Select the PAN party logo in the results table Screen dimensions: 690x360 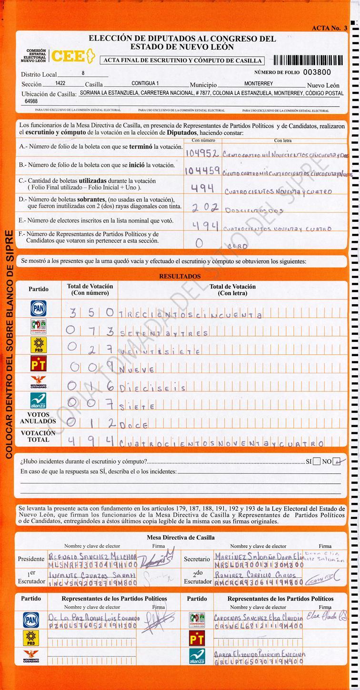(39, 308)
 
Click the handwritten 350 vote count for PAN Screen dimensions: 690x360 (91, 313)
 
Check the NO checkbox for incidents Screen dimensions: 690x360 (337, 461)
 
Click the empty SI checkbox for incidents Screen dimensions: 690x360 (317, 461)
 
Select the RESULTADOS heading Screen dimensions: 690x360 (180, 276)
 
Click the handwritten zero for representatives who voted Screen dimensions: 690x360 (199, 243)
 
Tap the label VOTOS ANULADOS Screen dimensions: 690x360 (38, 418)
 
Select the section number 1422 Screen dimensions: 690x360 (60, 83)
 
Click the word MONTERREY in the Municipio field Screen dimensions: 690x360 (259, 83)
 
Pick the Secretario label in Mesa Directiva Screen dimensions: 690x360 (196, 559)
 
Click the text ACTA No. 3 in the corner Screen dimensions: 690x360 (330, 28)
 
